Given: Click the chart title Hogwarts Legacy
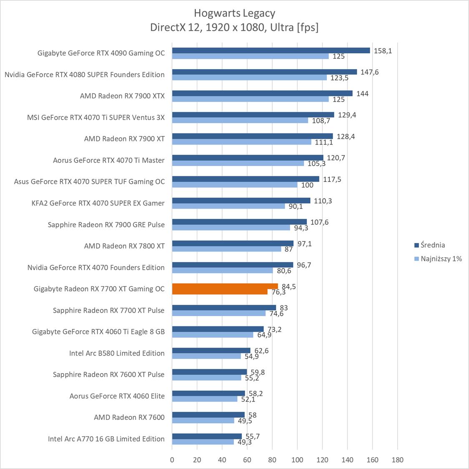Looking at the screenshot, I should tap(234, 13).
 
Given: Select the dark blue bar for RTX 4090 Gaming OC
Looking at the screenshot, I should tap(271, 50).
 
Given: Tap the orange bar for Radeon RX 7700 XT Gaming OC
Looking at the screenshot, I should tap(225, 286).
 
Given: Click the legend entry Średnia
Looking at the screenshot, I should tap(433, 245).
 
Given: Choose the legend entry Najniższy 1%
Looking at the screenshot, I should tap(441, 258).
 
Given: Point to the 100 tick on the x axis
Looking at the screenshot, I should tap(297, 460).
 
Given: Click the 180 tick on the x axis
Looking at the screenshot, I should tap(398, 460).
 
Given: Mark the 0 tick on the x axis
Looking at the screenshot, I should tap(172, 460).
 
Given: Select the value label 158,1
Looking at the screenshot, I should tap(383, 51).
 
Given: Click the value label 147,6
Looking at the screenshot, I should tap(370, 72).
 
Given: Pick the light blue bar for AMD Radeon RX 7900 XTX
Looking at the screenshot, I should tap(250, 99).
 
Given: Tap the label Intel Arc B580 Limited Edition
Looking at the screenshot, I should tap(117, 353).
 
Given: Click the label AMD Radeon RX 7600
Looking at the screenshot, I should tap(129, 417).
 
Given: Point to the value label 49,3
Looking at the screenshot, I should tap(244, 442).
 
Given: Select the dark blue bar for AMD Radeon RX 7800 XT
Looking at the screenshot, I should tap(233, 243).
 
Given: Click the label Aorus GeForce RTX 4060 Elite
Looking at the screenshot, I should tap(117, 396).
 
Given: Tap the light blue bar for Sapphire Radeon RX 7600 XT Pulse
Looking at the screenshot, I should tap(207, 378).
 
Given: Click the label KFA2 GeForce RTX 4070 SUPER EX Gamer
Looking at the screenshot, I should tap(98, 203).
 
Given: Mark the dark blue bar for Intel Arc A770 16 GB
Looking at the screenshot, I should tap(207, 436).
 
